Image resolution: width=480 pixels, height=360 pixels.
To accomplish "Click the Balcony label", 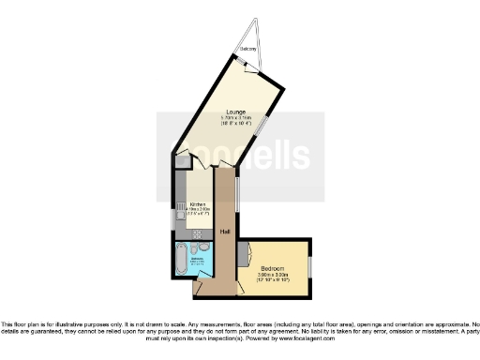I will pos(247,49).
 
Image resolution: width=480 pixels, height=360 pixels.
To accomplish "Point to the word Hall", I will pos(225,232).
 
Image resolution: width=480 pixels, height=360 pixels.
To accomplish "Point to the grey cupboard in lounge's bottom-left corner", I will pos(180,159).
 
